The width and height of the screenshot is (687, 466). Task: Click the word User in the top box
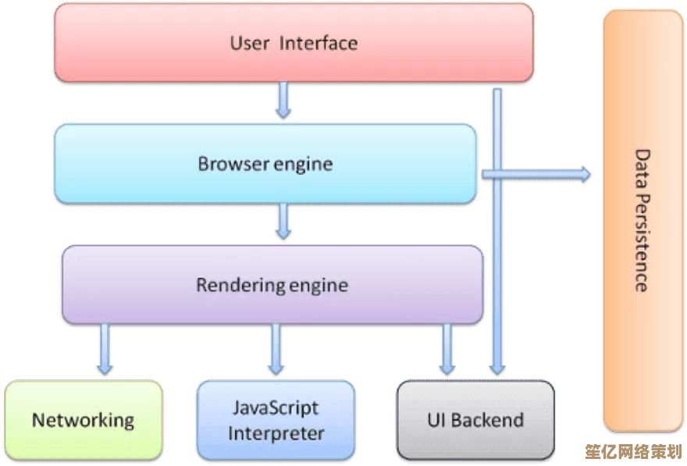tap(249, 42)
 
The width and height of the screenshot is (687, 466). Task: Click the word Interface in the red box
tap(319, 42)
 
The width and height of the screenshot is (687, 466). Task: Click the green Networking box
tap(83, 419)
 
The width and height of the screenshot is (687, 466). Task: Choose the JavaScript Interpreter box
tap(276, 419)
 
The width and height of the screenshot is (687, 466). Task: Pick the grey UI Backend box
tap(475, 419)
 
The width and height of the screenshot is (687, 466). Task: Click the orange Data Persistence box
tap(643, 221)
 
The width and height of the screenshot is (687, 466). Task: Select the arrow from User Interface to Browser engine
tap(283, 99)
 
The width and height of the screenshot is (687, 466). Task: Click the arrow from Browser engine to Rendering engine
tap(283, 221)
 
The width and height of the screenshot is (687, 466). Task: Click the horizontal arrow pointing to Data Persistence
tap(539, 174)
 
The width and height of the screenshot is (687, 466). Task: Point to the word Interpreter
tap(276, 432)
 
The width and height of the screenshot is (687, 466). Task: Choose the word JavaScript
tap(276, 407)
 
